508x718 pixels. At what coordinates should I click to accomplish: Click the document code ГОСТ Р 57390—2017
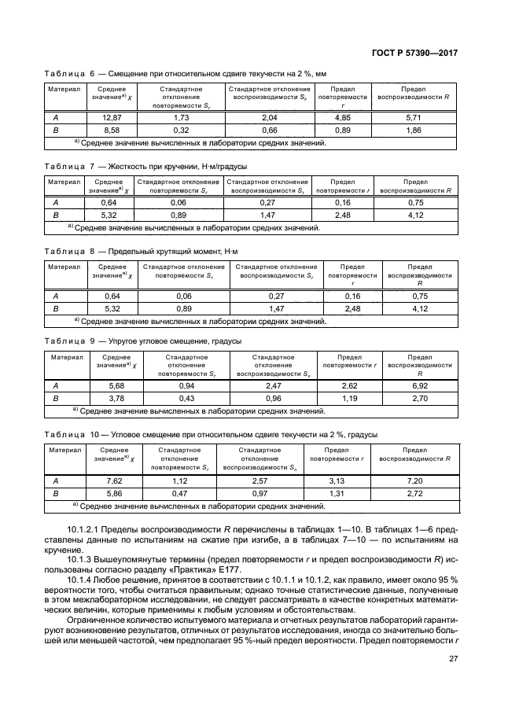[x=416, y=53]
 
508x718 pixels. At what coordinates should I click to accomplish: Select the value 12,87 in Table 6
[x=111, y=117]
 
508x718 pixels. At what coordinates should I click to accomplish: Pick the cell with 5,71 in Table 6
[x=414, y=117]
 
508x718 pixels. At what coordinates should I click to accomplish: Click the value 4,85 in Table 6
[x=342, y=117]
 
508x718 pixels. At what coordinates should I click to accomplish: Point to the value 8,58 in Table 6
[x=111, y=130]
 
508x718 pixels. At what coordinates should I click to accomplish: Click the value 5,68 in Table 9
[x=116, y=386]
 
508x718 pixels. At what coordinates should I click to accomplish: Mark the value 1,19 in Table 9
[x=350, y=399]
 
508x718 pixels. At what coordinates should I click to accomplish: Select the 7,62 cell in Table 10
[x=114, y=481]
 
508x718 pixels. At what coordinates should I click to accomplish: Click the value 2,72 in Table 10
[x=414, y=493]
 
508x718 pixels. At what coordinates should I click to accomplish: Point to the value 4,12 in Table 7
[x=414, y=215]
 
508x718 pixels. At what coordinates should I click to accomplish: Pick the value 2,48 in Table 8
[x=352, y=309]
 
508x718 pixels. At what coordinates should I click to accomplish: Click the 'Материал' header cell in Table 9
[x=68, y=356]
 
